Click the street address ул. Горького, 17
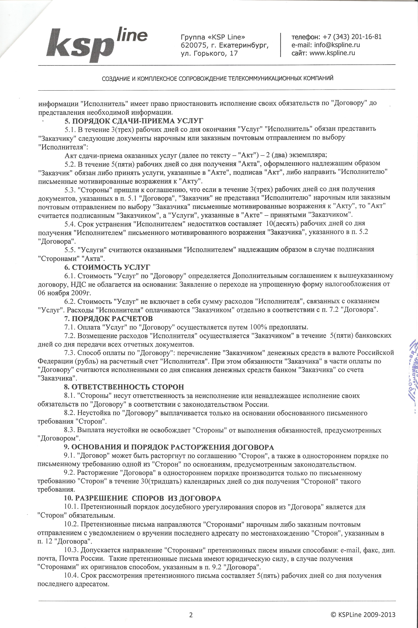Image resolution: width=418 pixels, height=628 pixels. pyautogui.click(x=209, y=53)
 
